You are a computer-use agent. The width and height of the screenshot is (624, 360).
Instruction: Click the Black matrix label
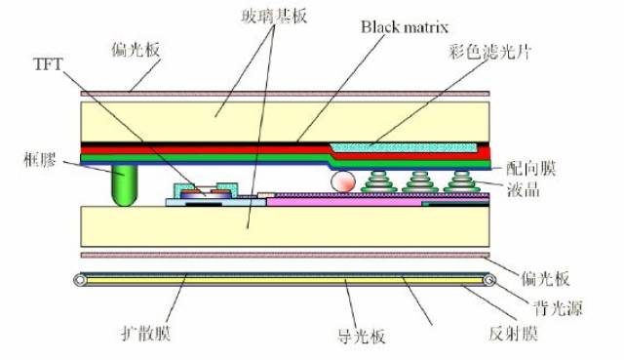point(405,27)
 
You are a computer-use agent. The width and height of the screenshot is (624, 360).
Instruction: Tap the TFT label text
point(48,63)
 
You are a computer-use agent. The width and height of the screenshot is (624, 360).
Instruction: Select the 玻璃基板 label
point(274,17)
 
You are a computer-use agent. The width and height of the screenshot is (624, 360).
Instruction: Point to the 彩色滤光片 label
point(489,52)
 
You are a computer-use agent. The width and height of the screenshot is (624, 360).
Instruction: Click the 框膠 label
point(40,160)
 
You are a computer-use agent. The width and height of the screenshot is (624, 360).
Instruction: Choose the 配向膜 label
point(530,169)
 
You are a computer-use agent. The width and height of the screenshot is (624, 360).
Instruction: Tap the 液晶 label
point(524,189)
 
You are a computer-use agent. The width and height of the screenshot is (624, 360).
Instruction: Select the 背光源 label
point(558,308)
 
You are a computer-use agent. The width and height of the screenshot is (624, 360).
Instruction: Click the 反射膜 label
point(514,333)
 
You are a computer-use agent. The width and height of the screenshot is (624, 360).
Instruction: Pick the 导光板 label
point(361,336)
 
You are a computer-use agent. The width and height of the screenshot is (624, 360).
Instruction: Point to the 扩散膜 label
point(145,333)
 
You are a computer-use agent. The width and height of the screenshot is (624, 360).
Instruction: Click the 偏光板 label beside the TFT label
point(136,50)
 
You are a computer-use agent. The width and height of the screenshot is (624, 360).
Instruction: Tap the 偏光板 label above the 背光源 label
point(545,278)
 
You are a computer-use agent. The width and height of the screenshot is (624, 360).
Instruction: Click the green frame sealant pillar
point(125,185)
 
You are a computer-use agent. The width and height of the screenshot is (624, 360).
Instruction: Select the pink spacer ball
point(343,181)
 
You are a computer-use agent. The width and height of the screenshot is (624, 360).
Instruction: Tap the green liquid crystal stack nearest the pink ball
point(379,181)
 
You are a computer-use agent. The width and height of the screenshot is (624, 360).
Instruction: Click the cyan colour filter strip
point(404,147)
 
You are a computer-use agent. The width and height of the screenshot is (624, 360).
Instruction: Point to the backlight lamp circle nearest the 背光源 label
point(489,280)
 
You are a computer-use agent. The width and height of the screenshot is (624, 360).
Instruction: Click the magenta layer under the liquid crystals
point(344,202)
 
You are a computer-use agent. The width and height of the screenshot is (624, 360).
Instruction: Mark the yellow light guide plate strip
point(285,281)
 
